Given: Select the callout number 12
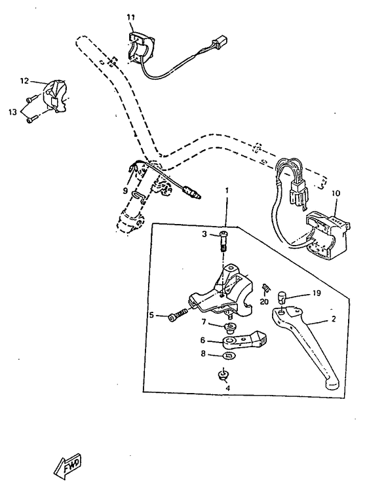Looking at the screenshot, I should coord(24,81).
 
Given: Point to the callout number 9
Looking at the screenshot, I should coord(126,191).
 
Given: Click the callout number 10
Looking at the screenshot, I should coord(336,193).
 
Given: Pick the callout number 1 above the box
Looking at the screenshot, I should coord(227,191).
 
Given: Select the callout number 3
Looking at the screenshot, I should coord(204,234).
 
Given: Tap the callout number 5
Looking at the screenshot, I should coord(151,315).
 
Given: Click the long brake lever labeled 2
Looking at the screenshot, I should coord(308,347).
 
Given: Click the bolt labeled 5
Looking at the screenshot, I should coord(177,316).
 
